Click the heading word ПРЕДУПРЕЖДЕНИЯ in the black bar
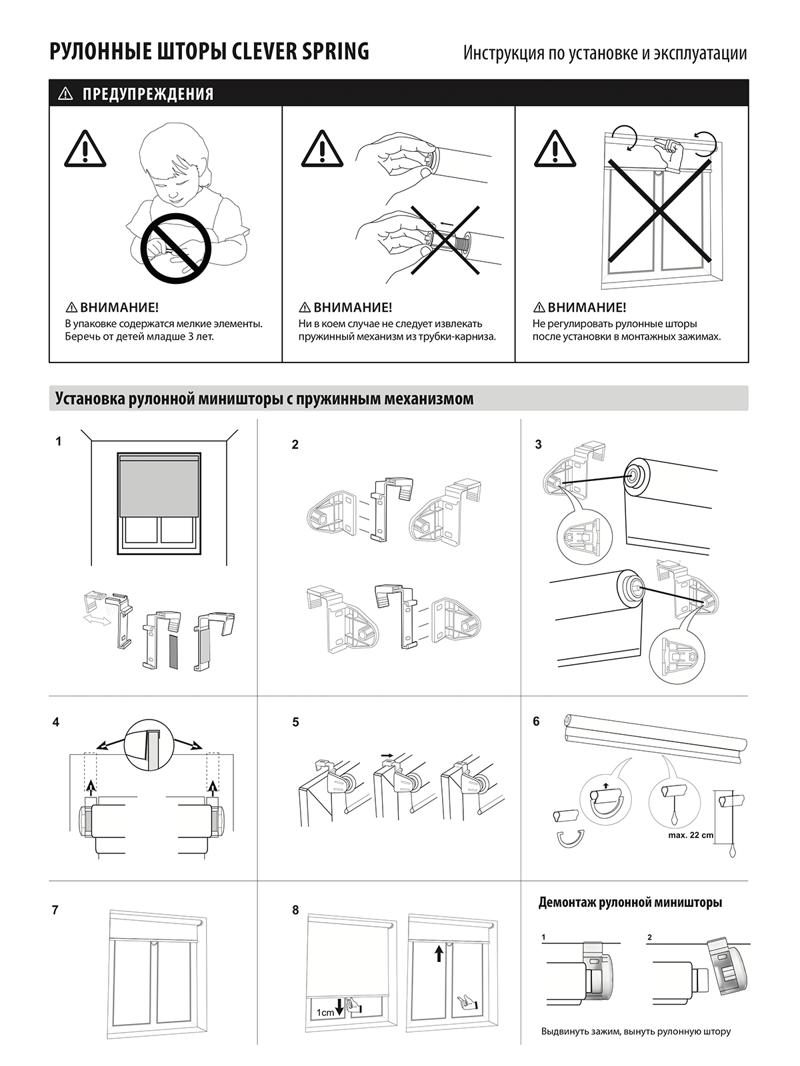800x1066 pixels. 148,94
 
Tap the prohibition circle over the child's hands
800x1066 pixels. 176,243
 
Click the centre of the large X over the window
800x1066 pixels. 658,211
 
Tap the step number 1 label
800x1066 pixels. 59,441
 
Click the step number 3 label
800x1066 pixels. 539,445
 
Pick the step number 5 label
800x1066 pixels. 295,722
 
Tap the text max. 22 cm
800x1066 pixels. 690,835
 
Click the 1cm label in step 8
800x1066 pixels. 325,1013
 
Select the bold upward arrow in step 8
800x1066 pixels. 438,953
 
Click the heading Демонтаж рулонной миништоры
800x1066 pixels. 630,903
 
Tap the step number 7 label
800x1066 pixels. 55,910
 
